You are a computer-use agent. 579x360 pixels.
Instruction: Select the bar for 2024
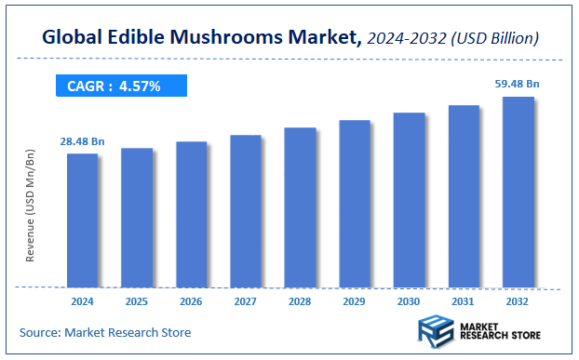coord(82,220)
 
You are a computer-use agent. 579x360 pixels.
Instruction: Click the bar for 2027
coord(246,211)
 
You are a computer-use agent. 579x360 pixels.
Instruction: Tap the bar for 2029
coord(355,204)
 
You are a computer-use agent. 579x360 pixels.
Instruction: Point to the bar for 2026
coord(191,215)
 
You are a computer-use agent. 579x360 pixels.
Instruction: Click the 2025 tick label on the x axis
coord(137,301)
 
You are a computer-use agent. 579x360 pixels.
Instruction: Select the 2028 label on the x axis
coord(300,301)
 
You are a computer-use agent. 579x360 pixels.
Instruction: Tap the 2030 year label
coord(409,301)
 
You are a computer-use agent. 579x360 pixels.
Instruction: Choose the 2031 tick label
coord(464,301)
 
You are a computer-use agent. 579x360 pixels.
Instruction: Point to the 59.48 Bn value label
coord(517,84)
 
